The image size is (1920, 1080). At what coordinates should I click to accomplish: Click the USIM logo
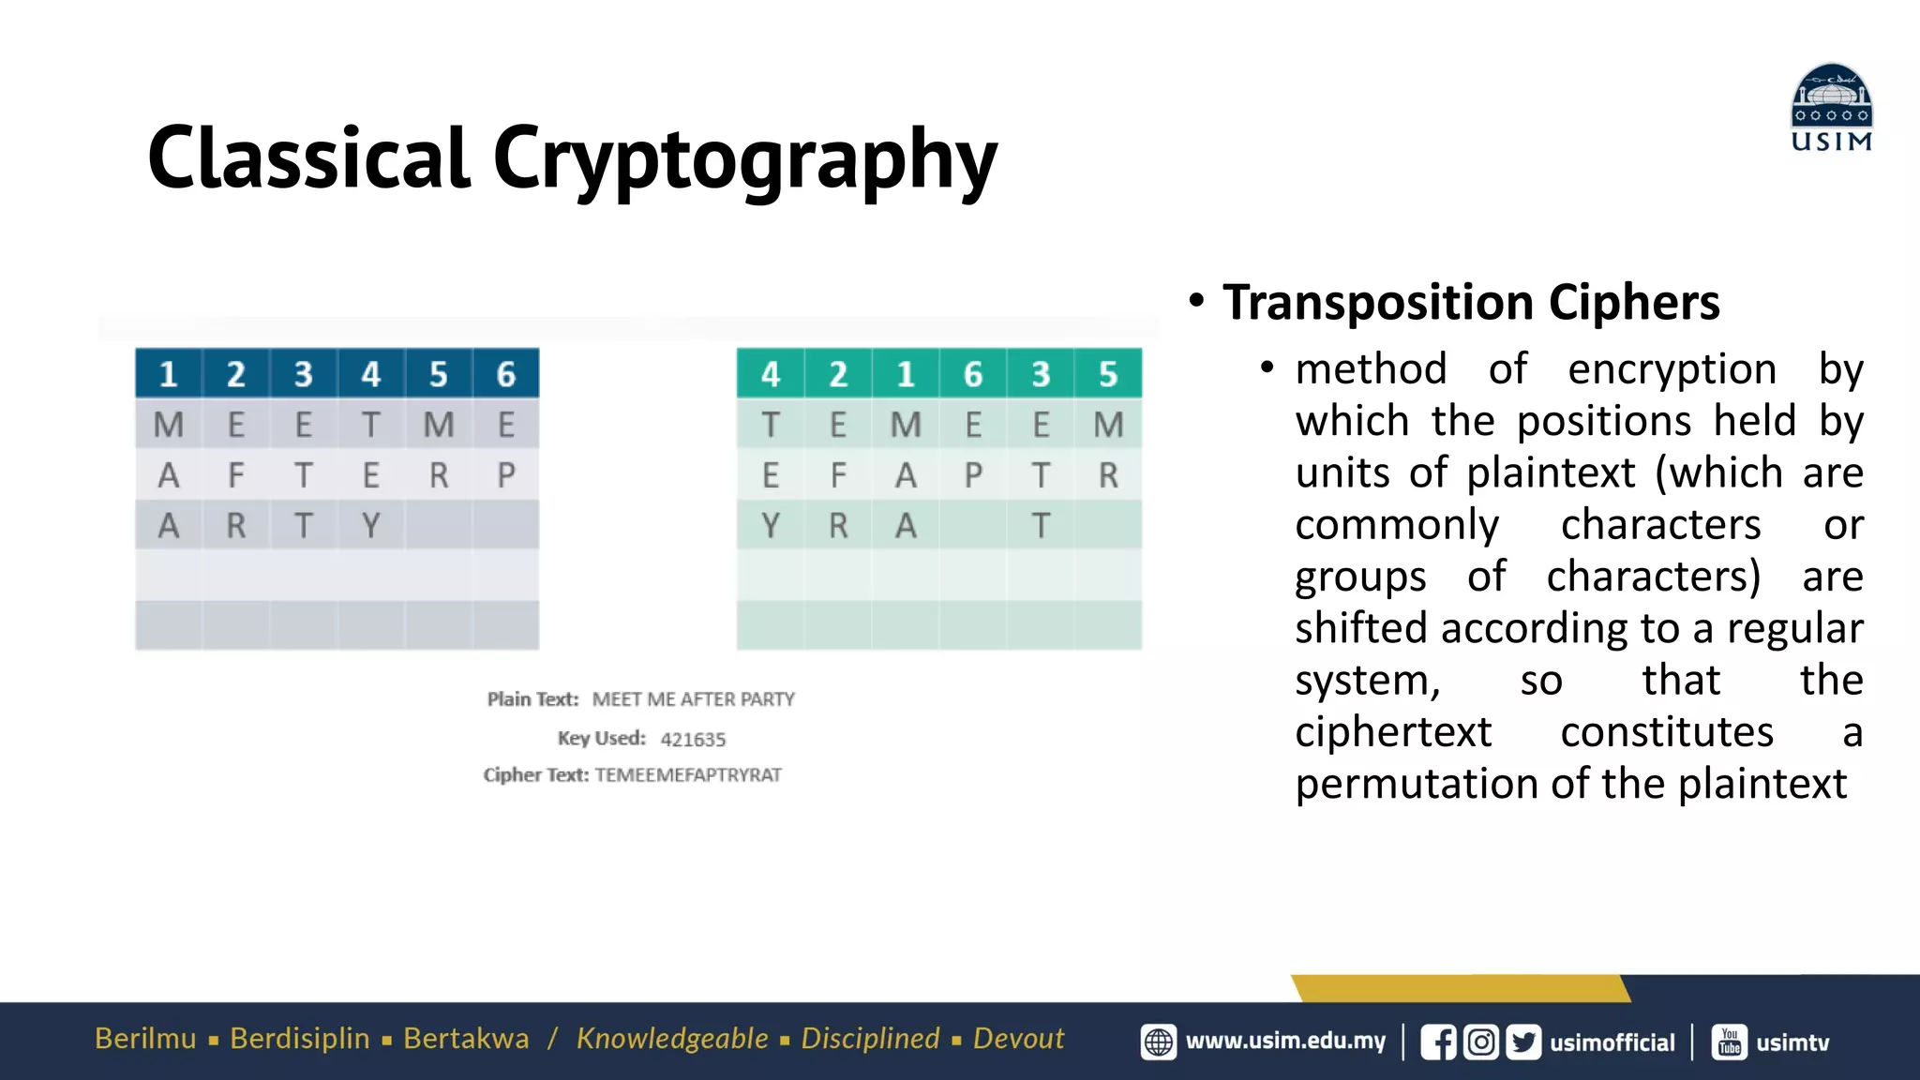click(1831, 108)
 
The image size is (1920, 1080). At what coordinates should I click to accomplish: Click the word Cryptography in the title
click(744, 158)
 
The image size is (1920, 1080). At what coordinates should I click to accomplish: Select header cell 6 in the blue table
click(506, 374)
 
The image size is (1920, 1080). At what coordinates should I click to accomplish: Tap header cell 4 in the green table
click(771, 374)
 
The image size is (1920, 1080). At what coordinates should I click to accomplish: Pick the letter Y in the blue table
click(371, 526)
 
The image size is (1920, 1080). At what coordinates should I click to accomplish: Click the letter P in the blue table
click(506, 475)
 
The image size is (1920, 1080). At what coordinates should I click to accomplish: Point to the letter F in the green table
click(838, 475)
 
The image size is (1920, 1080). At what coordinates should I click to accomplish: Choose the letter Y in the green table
click(771, 526)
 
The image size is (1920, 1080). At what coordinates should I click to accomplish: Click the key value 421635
click(693, 739)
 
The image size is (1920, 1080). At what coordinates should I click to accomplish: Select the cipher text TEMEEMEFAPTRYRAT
click(688, 775)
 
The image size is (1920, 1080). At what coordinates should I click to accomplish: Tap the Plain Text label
click(532, 699)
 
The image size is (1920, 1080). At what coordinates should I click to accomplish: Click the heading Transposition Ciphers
click(1471, 303)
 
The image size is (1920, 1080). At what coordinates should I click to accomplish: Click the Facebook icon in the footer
click(1438, 1042)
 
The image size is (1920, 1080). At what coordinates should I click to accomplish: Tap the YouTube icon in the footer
click(1729, 1042)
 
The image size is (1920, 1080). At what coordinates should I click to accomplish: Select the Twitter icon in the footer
click(1523, 1042)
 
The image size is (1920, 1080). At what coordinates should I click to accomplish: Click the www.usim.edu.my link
click(1285, 1042)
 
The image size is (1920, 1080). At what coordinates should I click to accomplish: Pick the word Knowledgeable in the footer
click(672, 1039)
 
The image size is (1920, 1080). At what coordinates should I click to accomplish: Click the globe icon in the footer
click(1159, 1042)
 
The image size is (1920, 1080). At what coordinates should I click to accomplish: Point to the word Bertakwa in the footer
click(466, 1039)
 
